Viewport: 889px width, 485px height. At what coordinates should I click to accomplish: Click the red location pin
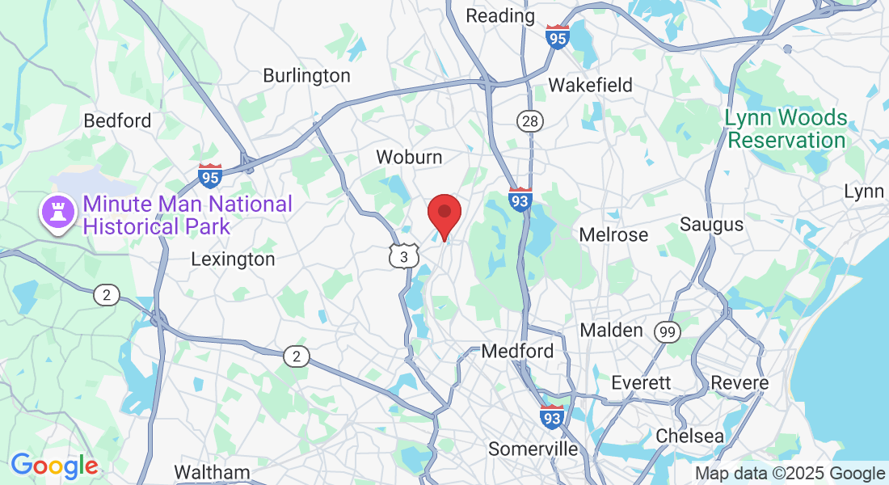click(x=444, y=213)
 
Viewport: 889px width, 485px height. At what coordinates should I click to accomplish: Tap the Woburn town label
click(x=409, y=157)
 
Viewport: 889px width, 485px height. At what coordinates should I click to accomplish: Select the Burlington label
click(x=306, y=76)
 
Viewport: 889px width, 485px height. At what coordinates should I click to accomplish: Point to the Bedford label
click(x=117, y=121)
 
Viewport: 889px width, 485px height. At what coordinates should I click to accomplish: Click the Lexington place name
click(x=233, y=259)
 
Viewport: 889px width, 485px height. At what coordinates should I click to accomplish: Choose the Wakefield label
click(x=590, y=86)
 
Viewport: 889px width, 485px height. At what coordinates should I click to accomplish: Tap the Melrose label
click(x=614, y=234)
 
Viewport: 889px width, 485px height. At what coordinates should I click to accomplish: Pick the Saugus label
click(x=711, y=224)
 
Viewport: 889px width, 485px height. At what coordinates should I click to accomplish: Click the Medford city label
click(x=517, y=352)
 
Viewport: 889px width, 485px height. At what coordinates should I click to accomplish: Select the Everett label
click(x=642, y=382)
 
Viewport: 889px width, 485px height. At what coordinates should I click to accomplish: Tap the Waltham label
click(x=212, y=472)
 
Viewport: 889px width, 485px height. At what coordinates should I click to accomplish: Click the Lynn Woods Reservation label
click(x=785, y=129)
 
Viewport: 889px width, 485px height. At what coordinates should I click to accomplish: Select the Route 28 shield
click(x=530, y=121)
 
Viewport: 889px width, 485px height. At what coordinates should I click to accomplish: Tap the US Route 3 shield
click(x=402, y=255)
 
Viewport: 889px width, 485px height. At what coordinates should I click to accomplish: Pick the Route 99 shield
click(x=667, y=331)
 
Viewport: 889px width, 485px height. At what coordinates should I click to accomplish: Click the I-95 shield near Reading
click(x=557, y=36)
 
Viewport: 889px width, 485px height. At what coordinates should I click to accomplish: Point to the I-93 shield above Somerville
click(x=552, y=417)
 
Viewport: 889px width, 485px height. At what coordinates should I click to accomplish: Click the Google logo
click(x=54, y=466)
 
